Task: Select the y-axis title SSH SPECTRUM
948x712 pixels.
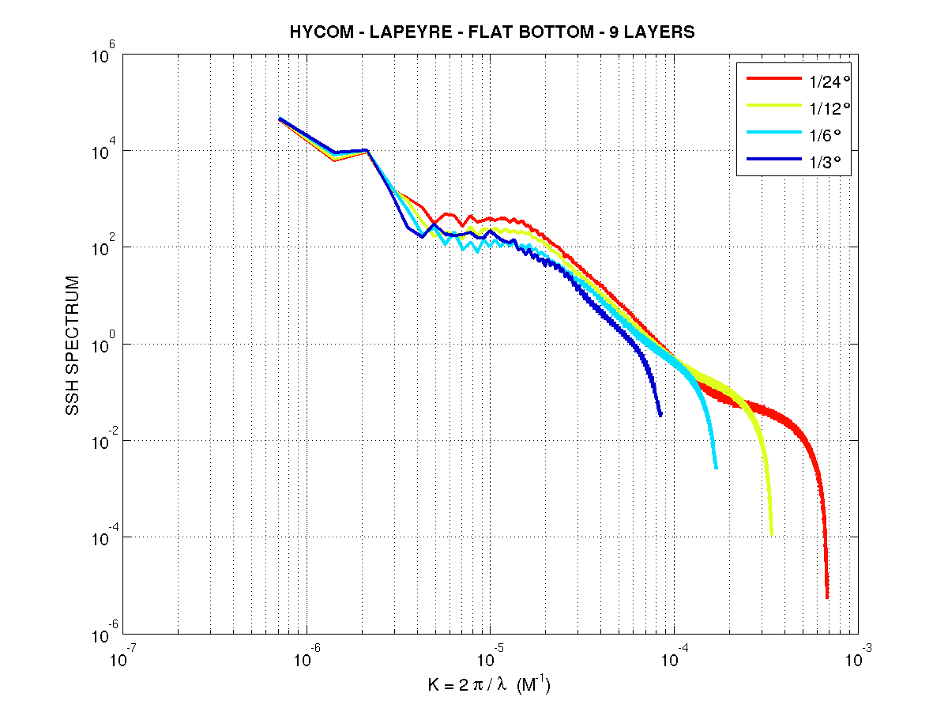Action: pyautogui.click(x=73, y=345)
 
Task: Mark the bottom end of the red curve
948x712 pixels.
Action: pyautogui.click(x=827, y=597)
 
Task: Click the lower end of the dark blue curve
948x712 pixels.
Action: pyautogui.click(x=660, y=415)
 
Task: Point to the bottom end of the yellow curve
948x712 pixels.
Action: pyautogui.click(x=771, y=534)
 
